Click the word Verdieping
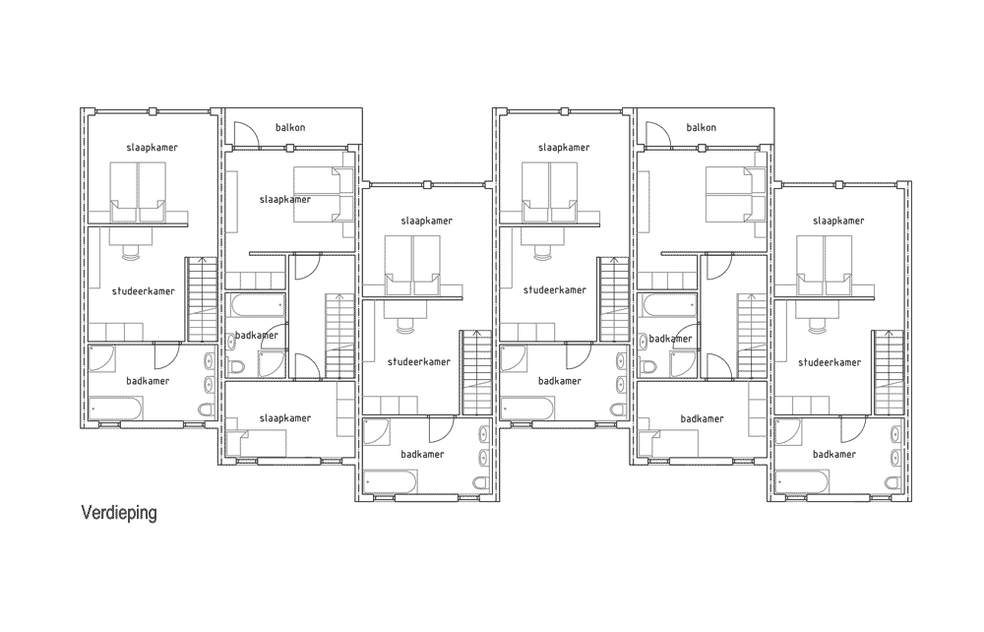pyautogui.click(x=119, y=514)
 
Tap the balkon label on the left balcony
pyautogui.click(x=290, y=127)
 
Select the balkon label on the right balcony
pyautogui.click(x=701, y=127)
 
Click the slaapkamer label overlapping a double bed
pyautogui.click(x=285, y=200)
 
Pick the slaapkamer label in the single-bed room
pyautogui.click(x=285, y=418)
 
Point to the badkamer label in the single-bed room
pyautogui.click(x=702, y=418)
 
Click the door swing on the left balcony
pyautogui.click(x=246, y=134)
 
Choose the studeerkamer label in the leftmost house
pyautogui.click(x=143, y=291)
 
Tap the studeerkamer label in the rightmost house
pyautogui.click(x=830, y=362)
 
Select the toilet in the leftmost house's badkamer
pyautogui.click(x=206, y=410)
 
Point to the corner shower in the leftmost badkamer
pyautogui.click(x=101, y=358)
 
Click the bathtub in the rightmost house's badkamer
pyautogui.click(x=803, y=482)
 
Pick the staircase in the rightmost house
pyautogui.click(x=888, y=372)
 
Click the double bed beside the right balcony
pyautogui.click(x=735, y=195)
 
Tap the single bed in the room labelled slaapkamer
pyautogui.click(x=256, y=443)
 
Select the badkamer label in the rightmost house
pyautogui.click(x=834, y=455)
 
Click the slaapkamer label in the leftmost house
pyautogui.click(x=152, y=148)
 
